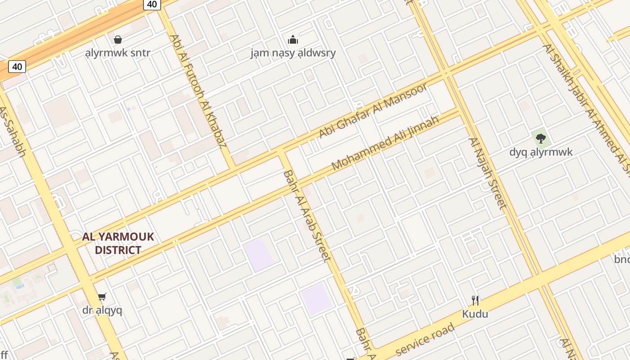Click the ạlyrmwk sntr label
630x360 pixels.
(x=118, y=53)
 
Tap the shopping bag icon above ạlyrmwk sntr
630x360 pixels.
(x=118, y=40)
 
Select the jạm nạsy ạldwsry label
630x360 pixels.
(x=293, y=53)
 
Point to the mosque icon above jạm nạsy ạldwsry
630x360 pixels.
(x=293, y=40)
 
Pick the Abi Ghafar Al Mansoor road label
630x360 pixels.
(x=373, y=110)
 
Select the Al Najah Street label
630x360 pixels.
(x=488, y=173)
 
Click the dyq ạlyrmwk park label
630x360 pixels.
(x=541, y=152)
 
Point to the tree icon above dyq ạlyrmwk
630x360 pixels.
(x=541, y=139)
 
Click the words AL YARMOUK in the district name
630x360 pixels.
(x=118, y=237)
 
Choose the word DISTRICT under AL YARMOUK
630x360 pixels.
(x=118, y=250)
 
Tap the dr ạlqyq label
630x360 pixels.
(x=102, y=310)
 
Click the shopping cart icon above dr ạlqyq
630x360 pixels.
(x=102, y=297)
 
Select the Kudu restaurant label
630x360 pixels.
(x=475, y=314)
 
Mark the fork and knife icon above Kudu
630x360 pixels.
(x=475, y=300)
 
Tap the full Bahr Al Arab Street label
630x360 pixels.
(x=307, y=216)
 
